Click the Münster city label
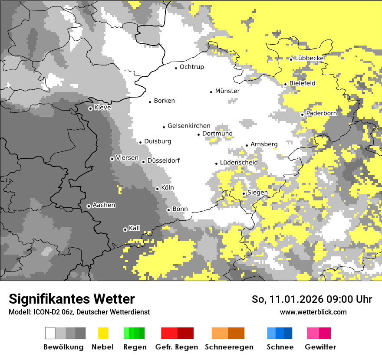[227, 91]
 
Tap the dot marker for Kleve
[90, 108]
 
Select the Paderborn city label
[322, 113]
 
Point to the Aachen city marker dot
[89, 206]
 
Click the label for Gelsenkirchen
[189, 126]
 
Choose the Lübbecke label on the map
[310, 58]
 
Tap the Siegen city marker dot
[244, 193]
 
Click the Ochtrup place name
[192, 67]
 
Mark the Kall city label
[135, 228]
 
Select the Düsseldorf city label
[164, 160]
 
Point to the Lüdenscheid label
[239, 163]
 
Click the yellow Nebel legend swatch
[103, 333]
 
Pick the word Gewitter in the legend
[320, 347]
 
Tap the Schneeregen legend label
[229, 347]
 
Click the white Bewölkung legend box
[50, 333]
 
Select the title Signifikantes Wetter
[72, 299]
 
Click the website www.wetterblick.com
[313, 312]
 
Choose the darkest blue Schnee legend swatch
[288, 333]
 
